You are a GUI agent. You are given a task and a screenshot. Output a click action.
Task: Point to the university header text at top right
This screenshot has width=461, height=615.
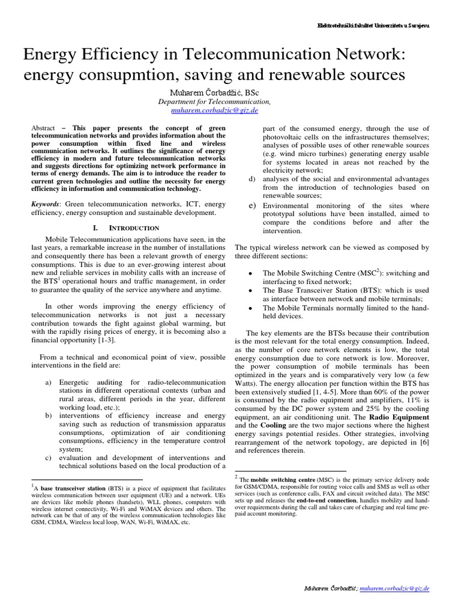point(373,26)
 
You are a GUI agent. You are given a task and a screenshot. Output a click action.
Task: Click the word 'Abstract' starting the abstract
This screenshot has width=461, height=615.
point(43,129)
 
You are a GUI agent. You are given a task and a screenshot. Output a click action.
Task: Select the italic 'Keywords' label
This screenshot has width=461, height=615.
point(47,205)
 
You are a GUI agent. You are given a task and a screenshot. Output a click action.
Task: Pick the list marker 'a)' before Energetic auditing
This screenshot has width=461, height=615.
point(49,383)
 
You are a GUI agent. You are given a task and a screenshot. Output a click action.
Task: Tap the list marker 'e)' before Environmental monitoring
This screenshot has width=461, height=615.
point(252,205)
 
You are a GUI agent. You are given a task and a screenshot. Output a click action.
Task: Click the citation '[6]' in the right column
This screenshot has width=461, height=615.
point(423,442)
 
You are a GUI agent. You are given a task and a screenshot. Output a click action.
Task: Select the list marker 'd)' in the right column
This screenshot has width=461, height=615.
point(252,180)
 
